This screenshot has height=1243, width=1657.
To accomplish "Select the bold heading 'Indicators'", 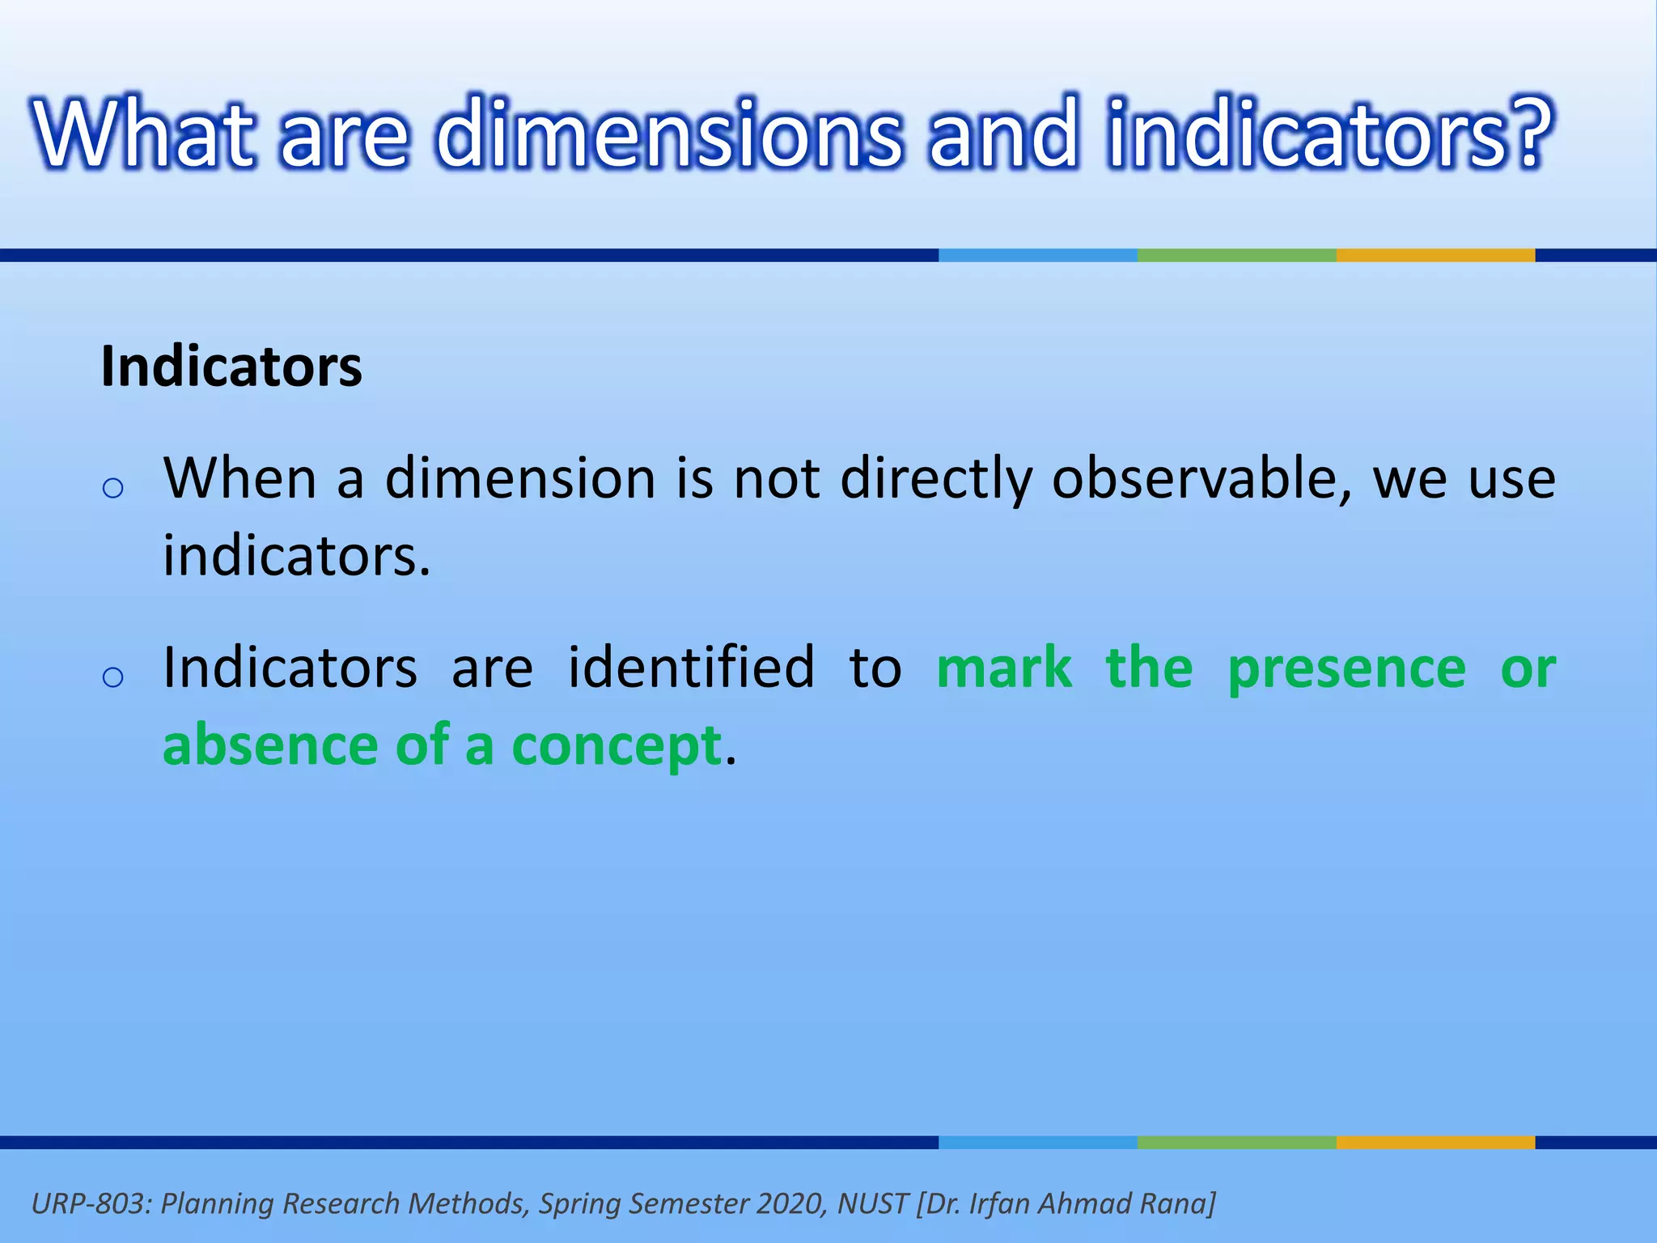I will click(x=231, y=367).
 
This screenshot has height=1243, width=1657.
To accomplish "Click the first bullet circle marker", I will click(x=113, y=488).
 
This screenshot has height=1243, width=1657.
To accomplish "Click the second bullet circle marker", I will click(x=113, y=677).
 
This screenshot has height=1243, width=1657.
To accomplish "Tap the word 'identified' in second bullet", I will click(x=691, y=668).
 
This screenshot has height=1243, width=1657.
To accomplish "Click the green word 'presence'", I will click(x=1346, y=668).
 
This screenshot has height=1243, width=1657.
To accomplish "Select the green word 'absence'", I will click(x=270, y=745).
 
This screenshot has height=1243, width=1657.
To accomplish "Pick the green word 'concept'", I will click(x=617, y=746).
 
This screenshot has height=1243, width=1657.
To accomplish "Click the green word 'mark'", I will click(x=1004, y=668).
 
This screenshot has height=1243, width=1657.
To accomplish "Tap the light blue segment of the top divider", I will click(x=1037, y=255).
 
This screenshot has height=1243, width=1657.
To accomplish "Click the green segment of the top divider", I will click(x=1236, y=255).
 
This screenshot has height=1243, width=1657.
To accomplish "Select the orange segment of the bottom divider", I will click(x=1435, y=1142).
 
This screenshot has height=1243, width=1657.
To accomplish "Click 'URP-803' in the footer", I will click(x=89, y=1203).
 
